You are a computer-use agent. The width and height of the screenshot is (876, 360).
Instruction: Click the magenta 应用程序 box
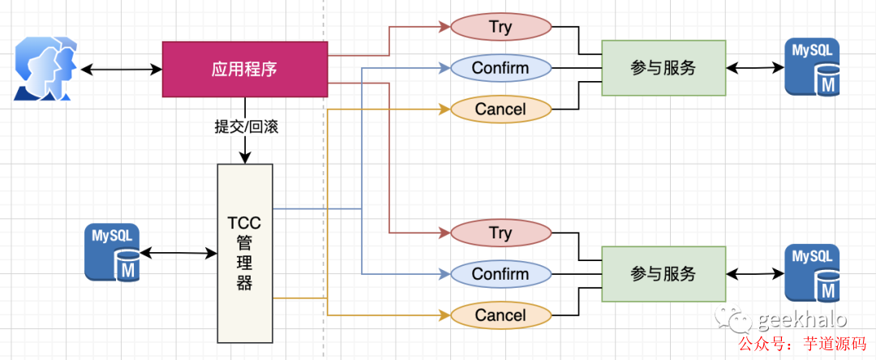click(245, 70)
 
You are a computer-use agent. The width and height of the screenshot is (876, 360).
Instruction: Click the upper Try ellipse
click(500, 27)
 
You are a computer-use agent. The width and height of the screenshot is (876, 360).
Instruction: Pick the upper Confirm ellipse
click(500, 68)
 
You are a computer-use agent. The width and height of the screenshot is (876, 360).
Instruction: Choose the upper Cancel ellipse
click(500, 109)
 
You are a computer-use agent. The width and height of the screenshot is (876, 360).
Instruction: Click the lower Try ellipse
click(500, 234)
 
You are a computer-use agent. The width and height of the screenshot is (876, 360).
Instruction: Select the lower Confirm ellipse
click(500, 274)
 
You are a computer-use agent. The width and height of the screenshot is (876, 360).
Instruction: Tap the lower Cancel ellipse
click(500, 315)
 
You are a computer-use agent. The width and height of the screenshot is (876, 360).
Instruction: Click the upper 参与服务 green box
click(663, 68)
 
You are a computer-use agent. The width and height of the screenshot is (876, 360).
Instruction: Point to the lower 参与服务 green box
click(663, 274)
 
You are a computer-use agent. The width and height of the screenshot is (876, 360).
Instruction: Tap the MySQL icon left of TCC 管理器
click(113, 253)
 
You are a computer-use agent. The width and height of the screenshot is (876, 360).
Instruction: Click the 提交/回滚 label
click(246, 127)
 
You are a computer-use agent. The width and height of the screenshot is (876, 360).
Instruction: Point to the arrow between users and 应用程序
click(122, 70)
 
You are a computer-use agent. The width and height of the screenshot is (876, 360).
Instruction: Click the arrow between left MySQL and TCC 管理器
click(179, 254)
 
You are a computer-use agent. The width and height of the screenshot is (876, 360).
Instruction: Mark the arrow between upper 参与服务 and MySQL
click(755, 68)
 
